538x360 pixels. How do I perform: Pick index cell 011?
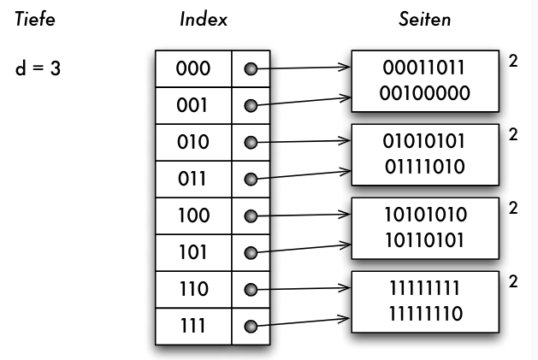click(192, 180)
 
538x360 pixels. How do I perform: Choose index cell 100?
click(192, 216)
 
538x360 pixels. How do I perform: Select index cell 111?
click(192, 326)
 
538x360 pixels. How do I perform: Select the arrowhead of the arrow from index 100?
click(346, 215)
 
